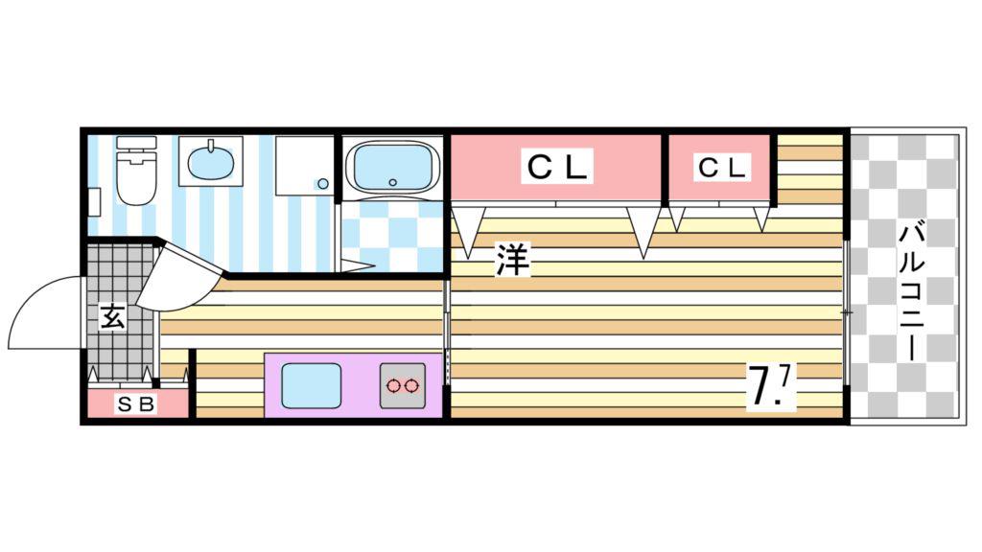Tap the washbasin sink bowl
pos(210,161)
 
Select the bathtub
pos(392,166)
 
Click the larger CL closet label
pos(557,167)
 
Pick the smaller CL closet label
pos(721,168)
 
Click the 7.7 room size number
pos(770,385)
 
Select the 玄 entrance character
pos(113,316)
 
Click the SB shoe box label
pos(136,404)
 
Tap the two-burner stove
pos(402,385)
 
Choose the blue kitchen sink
pos(312,385)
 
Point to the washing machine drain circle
pos(323,184)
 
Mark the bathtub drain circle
pos(392,182)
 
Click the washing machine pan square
pos(304,166)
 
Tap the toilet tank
pos(136,142)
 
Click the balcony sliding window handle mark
pos(846,311)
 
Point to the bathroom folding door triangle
pos(357,266)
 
